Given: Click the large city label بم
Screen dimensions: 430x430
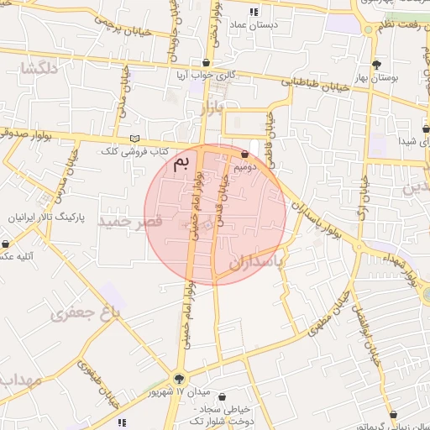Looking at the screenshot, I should coord(181,164).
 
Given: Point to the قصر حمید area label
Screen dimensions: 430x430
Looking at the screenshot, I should coord(129,221).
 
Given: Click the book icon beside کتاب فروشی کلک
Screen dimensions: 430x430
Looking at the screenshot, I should coord(135,139).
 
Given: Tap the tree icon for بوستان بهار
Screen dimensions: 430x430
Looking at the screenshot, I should coord(376,65).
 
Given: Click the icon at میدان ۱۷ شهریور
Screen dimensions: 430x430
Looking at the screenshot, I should coord(178,379).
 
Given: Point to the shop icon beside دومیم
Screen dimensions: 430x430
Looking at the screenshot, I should coord(244,155).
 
